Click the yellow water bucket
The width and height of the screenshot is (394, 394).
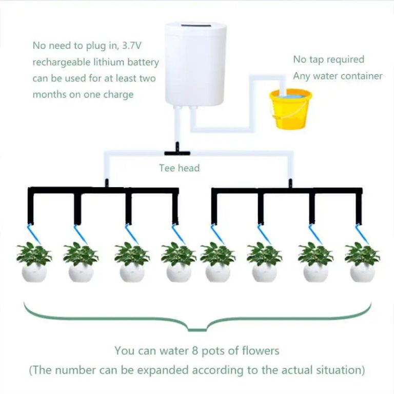[x=291, y=110]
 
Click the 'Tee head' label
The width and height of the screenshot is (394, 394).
[x=179, y=168]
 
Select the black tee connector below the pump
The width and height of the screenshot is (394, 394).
[x=176, y=152]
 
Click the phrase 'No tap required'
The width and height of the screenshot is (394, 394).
[x=328, y=60]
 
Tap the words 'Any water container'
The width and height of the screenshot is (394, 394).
[x=338, y=76]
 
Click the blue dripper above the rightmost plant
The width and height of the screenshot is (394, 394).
[x=362, y=233]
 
